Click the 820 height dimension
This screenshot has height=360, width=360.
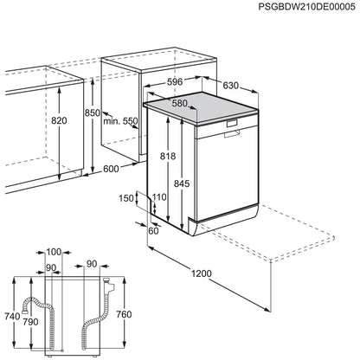pos(35,121)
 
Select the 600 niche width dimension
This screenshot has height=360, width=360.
pos(111,169)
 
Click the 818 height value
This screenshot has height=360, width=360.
pos(170,156)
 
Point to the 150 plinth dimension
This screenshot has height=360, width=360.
pos(127,198)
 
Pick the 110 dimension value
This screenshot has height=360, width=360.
pos(157,198)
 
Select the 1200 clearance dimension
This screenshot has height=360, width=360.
pos(201,273)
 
